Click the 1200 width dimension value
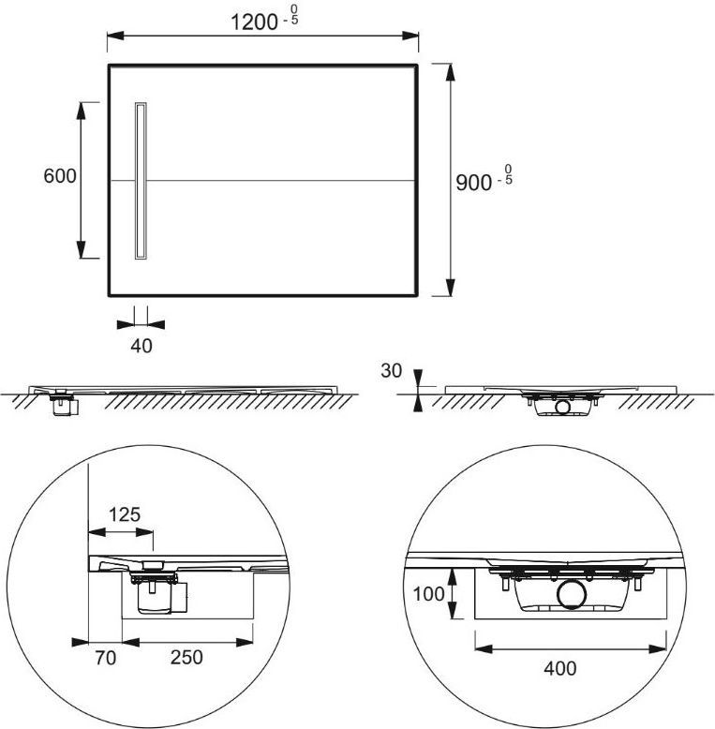tap(254, 22)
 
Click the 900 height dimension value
tap(473, 183)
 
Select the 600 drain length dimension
tap(60, 176)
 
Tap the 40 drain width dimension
tap(142, 346)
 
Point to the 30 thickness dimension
tap(391, 370)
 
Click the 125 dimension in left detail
tap(125, 514)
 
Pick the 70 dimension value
tap(106, 658)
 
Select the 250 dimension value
tap(186, 658)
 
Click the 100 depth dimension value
tap(428, 594)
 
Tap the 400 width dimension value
tap(560, 668)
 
